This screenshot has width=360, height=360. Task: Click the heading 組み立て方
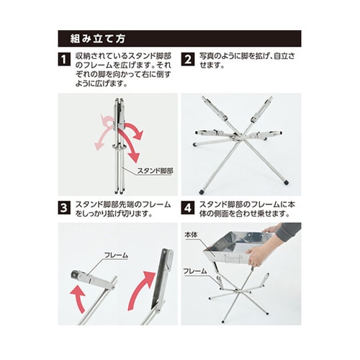[98, 39]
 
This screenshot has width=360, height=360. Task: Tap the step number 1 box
[64, 60]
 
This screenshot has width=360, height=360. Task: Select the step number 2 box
[188, 60]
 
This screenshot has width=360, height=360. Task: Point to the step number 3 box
[64, 208]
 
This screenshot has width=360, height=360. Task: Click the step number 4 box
[188, 208]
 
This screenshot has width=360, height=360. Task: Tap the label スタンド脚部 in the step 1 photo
[155, 171]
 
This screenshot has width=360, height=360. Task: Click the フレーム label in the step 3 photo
[116, 255]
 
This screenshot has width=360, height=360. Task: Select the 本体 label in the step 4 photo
[191, 235]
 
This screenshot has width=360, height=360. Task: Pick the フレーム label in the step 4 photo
[195, 271]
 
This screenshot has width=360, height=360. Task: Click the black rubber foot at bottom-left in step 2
[201, 192]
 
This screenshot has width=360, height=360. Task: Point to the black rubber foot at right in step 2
[286, 182]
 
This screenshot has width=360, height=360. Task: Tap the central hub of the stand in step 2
[236, 138]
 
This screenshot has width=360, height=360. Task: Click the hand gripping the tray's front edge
[256, 256]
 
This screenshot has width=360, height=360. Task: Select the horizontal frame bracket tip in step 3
[76, 275]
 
